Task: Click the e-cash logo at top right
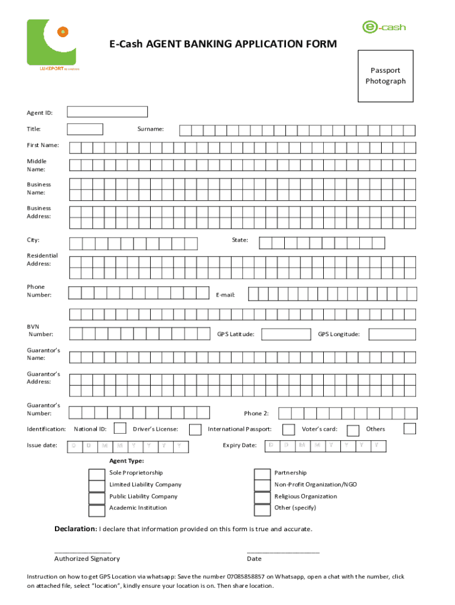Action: click(383, 27)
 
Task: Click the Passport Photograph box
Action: click(385, 76)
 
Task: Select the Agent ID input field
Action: click(107, 112)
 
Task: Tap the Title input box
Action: click(85, 129)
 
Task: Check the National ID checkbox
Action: click(119, 428)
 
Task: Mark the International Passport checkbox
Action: click(288, 429)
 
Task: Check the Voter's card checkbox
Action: click(353, 430)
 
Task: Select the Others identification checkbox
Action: click(409, 428)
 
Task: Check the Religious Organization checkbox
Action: click(262, 497)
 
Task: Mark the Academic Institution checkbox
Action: click(96, 510)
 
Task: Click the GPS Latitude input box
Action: click(283, 334)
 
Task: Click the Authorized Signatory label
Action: click(87, 558)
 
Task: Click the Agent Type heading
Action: click(126, 461)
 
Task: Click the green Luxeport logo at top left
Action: click(53, 44)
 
